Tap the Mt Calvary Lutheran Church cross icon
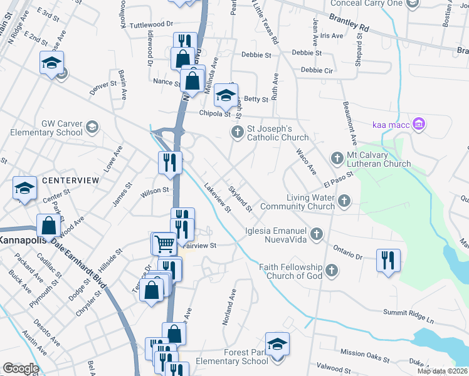[x=337, y=157]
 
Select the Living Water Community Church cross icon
[x=344, y=201]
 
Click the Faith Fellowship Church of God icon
[x=332, y=271]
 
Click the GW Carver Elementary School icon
[x=92, y=128]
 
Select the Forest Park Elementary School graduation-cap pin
[x=277, y=345]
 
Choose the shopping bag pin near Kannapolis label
[x=48, y=226]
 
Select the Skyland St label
[x=240, y=199]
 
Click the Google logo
[x=21, y=368]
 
